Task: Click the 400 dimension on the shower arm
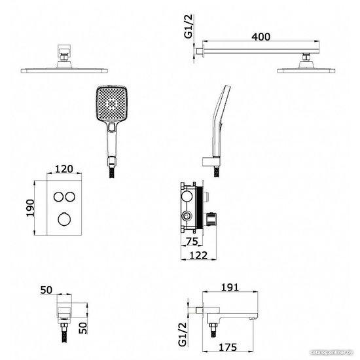coord(261,37)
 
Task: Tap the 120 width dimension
coord(64,169)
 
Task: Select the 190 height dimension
coord(30,208)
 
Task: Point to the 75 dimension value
coord(192,242)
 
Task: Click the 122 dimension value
coord(198,255)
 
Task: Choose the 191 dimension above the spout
coord(230,287)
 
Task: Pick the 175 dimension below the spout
coord(228,348)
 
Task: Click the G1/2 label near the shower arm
coord(189,26)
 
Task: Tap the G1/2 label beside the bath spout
coord(183,334)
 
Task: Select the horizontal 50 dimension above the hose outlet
coord(46,290)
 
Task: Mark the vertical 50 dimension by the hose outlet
coord(83,328)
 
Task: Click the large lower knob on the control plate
coord(64,219)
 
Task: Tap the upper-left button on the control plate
coord(58,197)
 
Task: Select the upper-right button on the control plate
coord(70,197)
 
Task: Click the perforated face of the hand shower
coord(111,103)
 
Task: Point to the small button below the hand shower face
coord(112,127)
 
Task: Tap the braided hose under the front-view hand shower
coord(112,172)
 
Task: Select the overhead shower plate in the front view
coord(64,71)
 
